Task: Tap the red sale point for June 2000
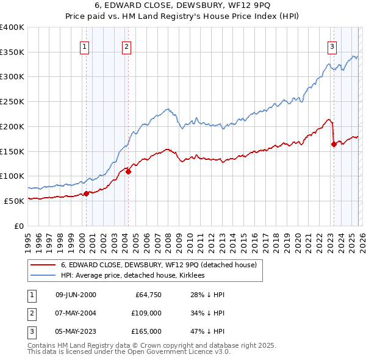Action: tap(86, 193)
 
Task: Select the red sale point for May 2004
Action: tap(129, 171)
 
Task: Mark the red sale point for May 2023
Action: tap(334, 144)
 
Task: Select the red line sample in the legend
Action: tap(43, 265)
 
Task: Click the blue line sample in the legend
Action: tap(43, 276)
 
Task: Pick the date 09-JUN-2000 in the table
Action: tap(76, 295)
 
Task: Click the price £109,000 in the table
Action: tap(146, 313)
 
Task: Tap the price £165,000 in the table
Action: tap(146, 331)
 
